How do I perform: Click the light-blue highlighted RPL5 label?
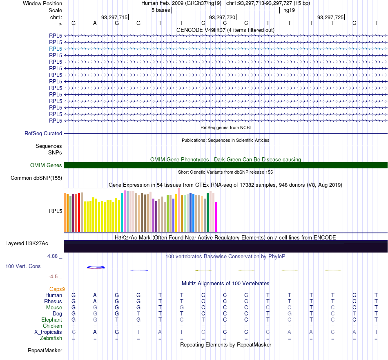tap(56, 49)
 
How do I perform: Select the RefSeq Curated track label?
tap(43, 134)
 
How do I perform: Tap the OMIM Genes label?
tap(46, 165)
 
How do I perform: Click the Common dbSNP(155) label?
tap(36, 178)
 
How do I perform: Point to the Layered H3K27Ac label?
tap(27, 244)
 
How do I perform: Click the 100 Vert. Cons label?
tap(23, 266)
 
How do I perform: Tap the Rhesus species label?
tap(53, 301)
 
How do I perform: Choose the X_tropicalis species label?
tap(48, 332)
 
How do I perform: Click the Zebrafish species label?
tap(51, 338)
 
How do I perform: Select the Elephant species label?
tap(52, 320)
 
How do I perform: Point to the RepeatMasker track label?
tap(45, 350)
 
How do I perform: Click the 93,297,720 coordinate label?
tap(222, 17)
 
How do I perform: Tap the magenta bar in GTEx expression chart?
tap(216, 217)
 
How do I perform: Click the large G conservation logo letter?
tap(96, 267)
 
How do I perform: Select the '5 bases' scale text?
tap(161, 10)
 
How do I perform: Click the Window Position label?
tap(42, 3)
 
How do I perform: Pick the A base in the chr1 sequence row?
tap(95, 23)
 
